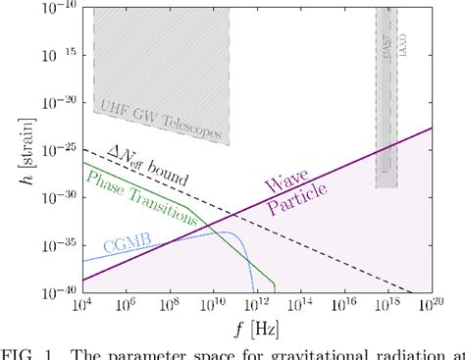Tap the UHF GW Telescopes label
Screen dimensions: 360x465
click(x=161, y=120)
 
